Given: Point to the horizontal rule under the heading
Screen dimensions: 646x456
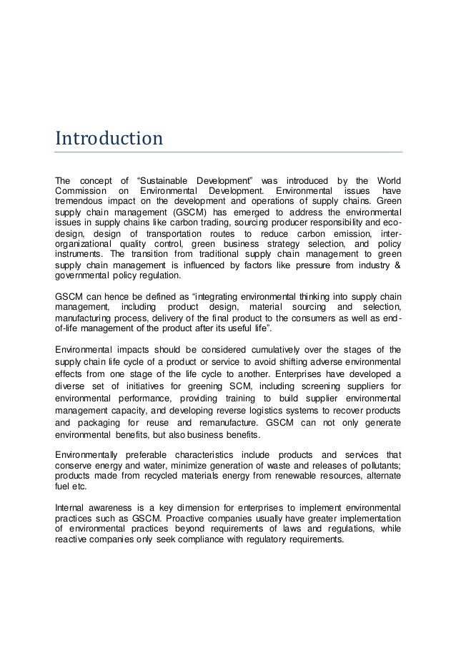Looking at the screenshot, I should (228, 152).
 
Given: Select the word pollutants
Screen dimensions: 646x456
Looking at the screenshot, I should (377, 466).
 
